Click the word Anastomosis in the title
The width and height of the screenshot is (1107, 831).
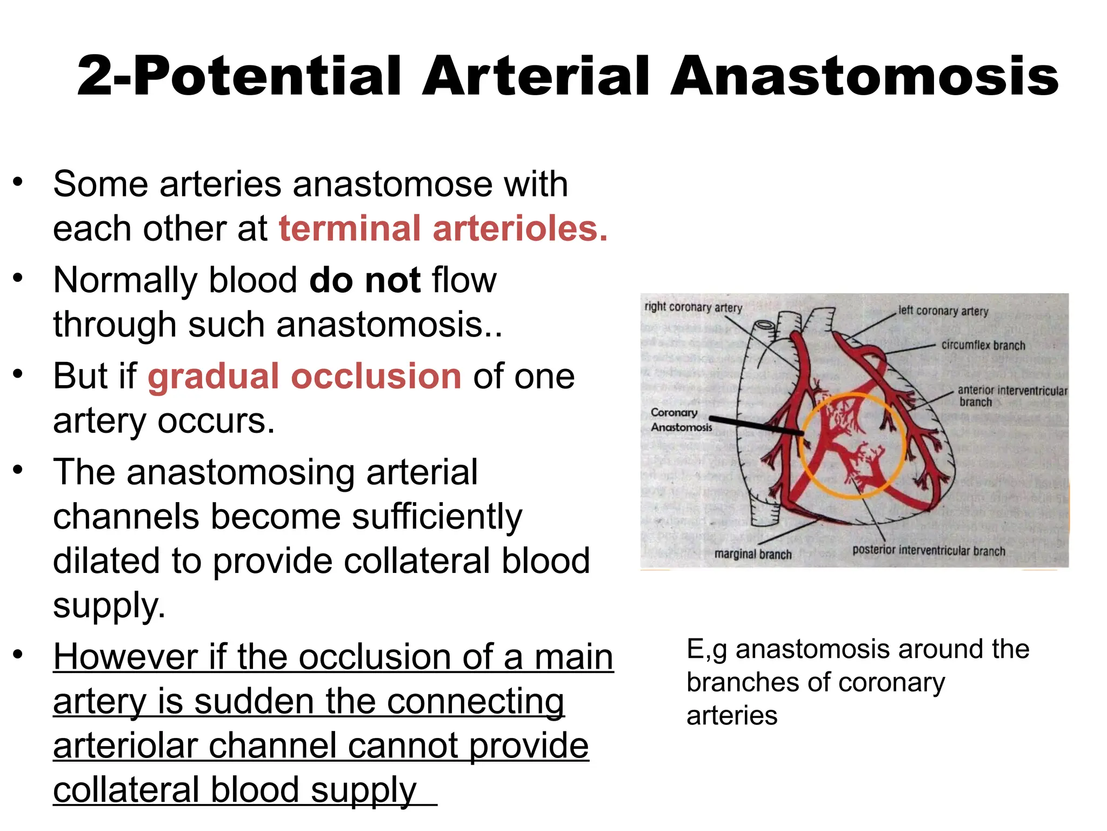pyautogui.click(x=864, y=77)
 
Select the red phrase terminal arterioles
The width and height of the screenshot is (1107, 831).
pyautogui.click(x=443, y=228)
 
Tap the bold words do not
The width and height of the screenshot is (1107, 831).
pyautogui.click(x=365, y=280)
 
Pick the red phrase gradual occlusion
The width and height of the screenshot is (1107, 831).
pyautogui.click(x=304, y=377)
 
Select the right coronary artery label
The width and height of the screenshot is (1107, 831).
pyautogui.click(x=693, y=307)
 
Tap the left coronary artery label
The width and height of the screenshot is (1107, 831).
pyautogui.click(x=943, y=311)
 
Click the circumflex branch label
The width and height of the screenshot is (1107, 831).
pyautogui.click(x=983, y=345)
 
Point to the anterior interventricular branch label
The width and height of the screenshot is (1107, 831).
pyautogui.click(x=1012, y=395)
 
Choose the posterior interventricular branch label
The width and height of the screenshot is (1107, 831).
pyautogui.click(x=929, y=551)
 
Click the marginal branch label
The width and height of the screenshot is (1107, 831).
pyautogui.click(x=752, y=555)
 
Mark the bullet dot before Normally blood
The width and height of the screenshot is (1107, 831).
pyautogui.click(x=18, y=278)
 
